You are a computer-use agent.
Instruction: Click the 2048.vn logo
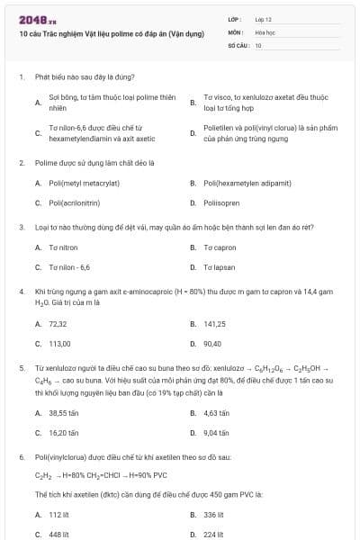point(31,19)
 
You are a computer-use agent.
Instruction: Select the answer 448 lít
point(59,534)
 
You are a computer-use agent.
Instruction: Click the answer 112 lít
point(59,515)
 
